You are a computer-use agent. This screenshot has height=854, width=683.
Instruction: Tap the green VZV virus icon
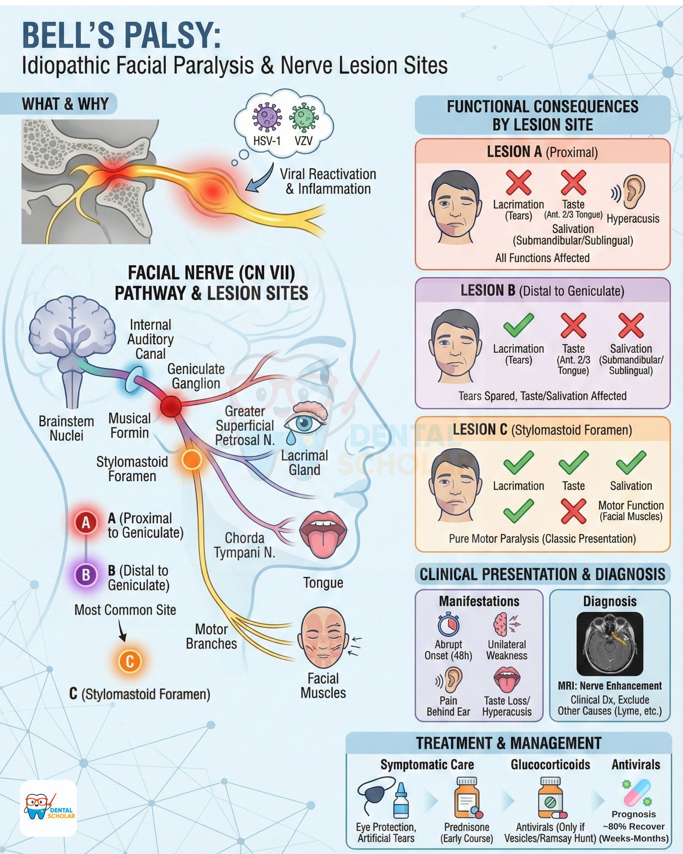click(x=305, y=118)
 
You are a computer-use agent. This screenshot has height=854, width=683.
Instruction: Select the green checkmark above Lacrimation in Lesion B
click(x=518, y=325)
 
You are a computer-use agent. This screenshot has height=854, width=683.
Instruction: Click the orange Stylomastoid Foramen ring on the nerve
click(x=192, y=460)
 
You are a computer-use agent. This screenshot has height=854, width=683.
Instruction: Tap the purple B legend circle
click(x=86, y=575)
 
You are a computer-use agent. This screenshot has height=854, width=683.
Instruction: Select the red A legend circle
click(x=86, y=522)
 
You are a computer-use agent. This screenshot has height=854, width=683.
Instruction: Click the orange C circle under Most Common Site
click(x=130, y=661)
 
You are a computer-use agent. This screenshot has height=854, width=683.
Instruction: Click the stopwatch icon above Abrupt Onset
click(x=448, y=624)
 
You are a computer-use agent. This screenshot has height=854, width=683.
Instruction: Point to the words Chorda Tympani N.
click(x=244, y=545)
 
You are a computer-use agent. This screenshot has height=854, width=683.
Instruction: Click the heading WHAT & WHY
click(x=65, y=104)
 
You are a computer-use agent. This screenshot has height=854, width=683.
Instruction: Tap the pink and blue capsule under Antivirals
click(x=637, y=792)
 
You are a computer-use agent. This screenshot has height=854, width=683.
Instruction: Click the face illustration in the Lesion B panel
click(x=454, y=346)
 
